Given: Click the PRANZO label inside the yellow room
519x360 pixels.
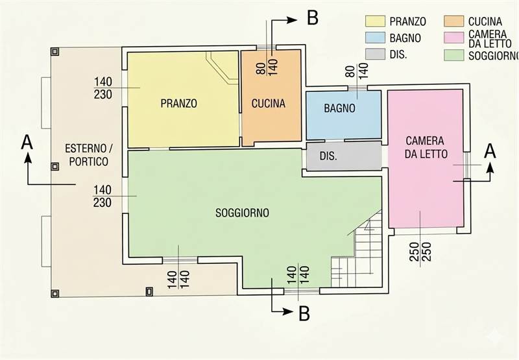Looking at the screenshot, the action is coord(179,103).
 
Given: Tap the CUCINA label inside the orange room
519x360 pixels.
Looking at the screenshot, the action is coord(269,104).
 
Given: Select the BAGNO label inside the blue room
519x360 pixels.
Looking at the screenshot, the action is coord(339,108).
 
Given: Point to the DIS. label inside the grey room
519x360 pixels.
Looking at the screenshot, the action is coord(328,156).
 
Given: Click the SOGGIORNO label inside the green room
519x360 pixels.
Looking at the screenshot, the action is coord(242,213).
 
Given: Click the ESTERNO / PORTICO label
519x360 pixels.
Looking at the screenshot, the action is coord(88,155).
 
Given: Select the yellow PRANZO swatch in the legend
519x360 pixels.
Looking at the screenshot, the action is coord(375,21).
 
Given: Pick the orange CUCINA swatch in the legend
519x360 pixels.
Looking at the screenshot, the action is coord(453,21).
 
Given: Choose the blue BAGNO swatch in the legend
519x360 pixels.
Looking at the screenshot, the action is coord(375,38).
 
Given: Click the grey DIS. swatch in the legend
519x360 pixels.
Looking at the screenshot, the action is coord(375,54).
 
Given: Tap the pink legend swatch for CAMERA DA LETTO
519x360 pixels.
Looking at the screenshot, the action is coord(453,38).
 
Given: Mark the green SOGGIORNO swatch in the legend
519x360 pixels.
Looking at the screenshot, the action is coord(453,55).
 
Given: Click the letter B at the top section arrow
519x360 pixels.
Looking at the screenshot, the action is coord(313,18).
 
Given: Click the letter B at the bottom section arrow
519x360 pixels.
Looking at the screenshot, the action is coord(304,313).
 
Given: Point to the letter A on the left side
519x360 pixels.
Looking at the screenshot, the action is coord(27,143).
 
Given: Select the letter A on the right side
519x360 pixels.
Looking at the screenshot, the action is coord(490,152).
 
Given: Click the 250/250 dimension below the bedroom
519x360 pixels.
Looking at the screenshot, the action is coord(420,252).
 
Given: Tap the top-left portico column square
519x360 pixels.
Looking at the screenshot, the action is coord(54,51).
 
